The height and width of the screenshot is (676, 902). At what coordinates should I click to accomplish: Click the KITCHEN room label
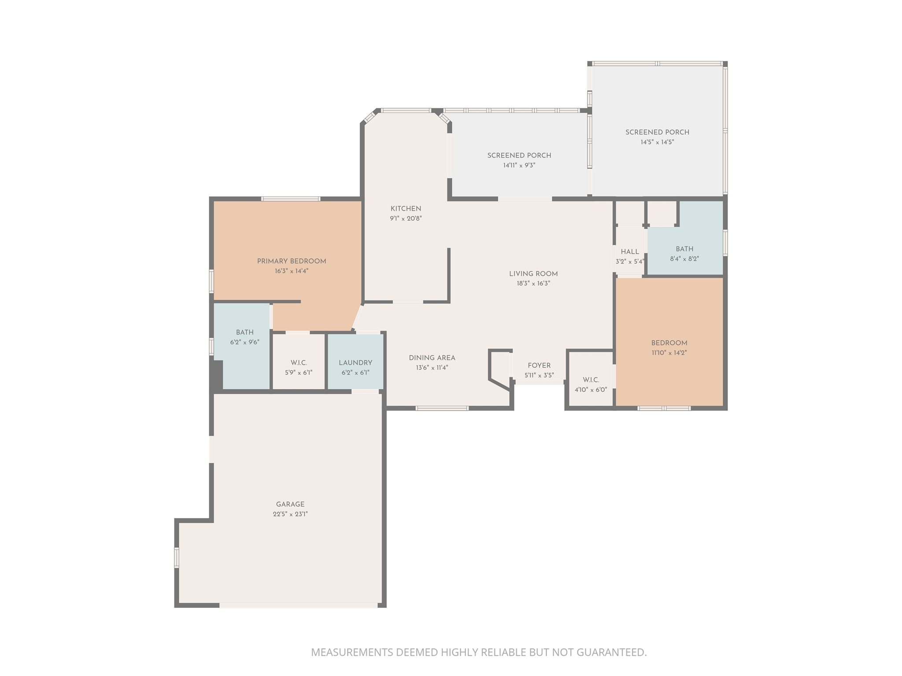point(406,209)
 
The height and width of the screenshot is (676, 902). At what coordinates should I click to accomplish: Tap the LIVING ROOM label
point(533,274)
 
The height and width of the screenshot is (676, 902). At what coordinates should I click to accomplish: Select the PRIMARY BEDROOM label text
point(292,261)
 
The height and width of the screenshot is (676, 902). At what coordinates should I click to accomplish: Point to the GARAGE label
point(290,504)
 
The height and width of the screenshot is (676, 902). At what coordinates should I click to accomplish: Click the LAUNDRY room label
point(355,363)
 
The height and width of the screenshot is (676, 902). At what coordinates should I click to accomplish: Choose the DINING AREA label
point(432,358)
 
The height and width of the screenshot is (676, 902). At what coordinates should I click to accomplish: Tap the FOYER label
point(539,366)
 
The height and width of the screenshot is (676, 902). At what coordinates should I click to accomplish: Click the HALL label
point(630,252)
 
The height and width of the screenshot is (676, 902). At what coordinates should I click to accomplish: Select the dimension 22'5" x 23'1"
point(290,514)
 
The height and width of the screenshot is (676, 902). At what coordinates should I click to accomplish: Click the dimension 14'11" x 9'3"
point(519,165)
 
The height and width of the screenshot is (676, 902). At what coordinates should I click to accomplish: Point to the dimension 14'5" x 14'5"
point(657,142)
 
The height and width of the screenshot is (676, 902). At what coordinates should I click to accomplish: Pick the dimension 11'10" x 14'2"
point(669,353)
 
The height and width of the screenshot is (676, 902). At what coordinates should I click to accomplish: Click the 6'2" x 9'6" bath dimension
point(244,342)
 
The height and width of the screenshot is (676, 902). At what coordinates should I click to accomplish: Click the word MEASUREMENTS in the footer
point(352,652)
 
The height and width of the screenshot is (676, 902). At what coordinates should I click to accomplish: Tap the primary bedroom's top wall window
point(291,199)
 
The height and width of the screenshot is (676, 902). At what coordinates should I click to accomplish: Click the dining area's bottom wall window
point(442,408)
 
